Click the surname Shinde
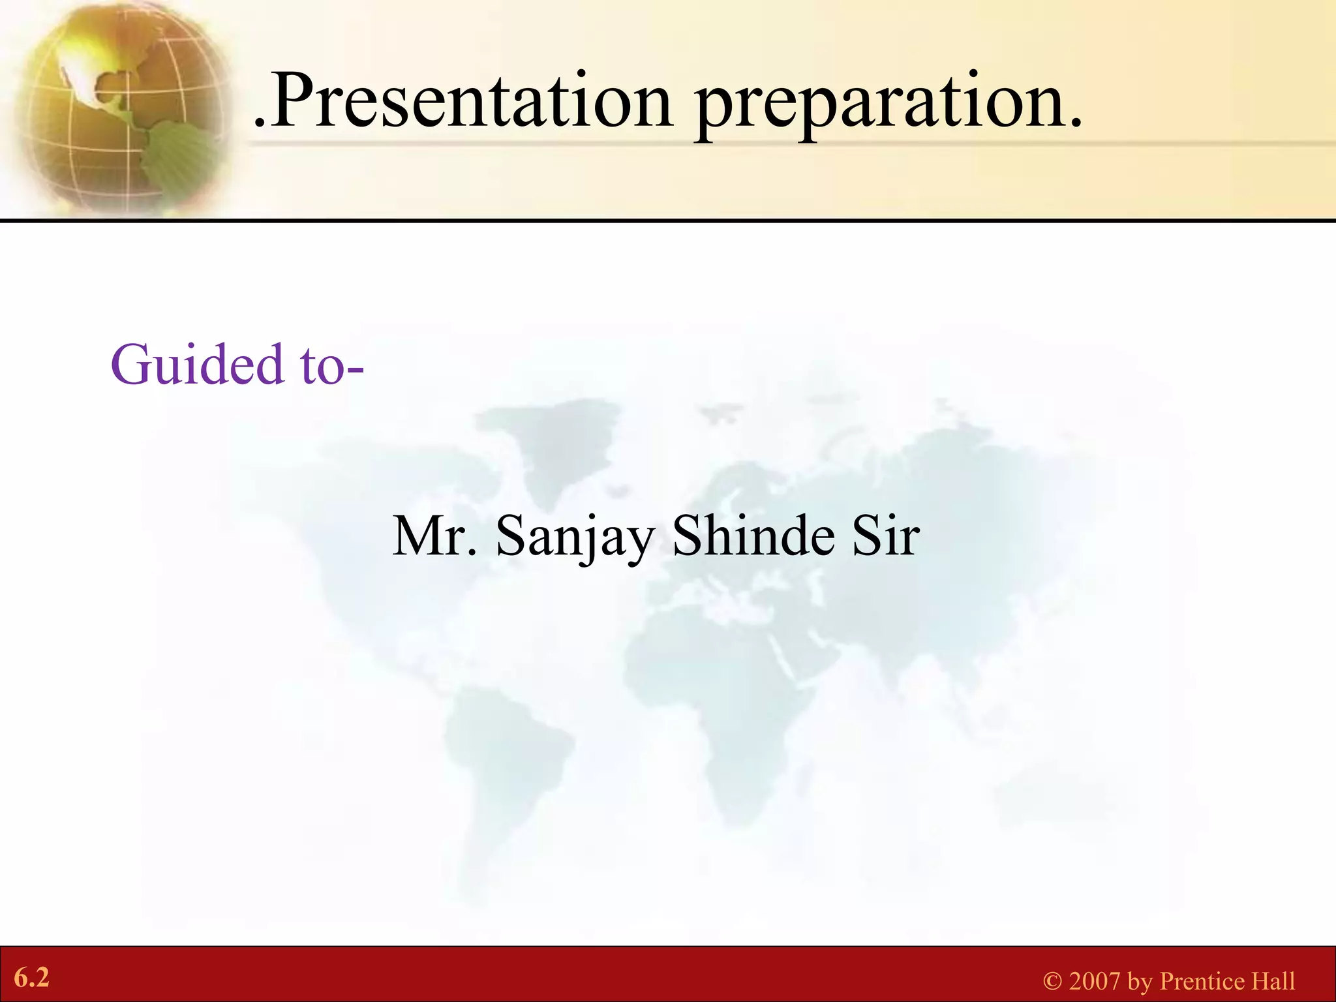click(753, 536)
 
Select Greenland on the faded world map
click(561, 444)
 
